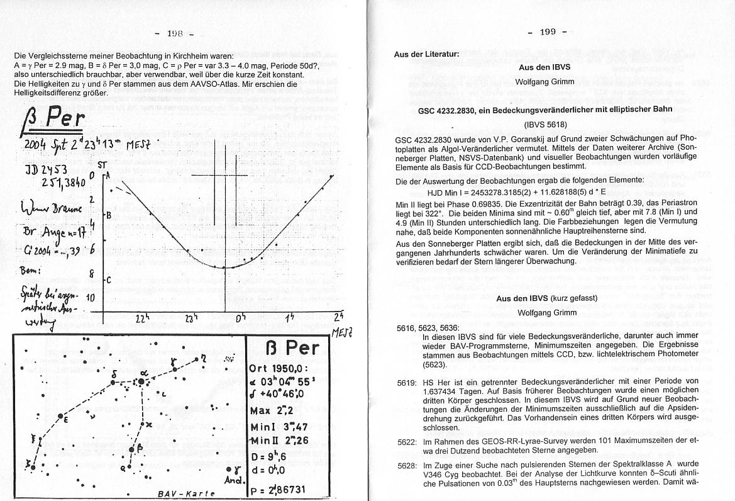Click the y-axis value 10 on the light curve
pyautogui.click(x=90, y=298)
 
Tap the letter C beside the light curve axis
pyautogui.click(x=109, y=279)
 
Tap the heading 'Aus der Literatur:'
pyautogui.click(x=426, y=54)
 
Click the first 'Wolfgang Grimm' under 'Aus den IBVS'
pyautogui.click(x=544, y=82)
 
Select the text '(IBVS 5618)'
pyautogui.click(x=544, y=125)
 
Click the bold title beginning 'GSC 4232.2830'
pyautogui.click(x=544, y=110)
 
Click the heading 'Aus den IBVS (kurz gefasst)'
pyautogui.click(x=544, y=298)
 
